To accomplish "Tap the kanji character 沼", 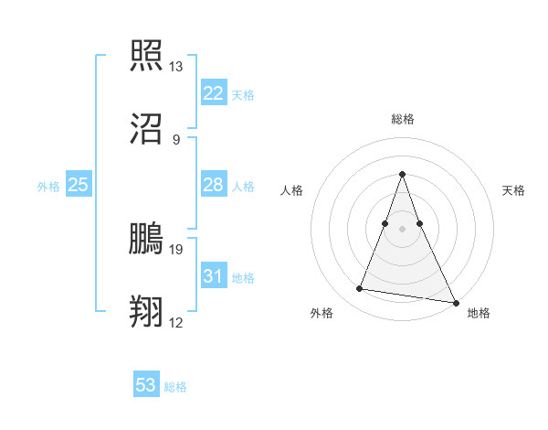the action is [146, 130].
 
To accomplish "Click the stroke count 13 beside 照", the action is [175, 67].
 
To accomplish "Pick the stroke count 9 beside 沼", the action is [175, 140].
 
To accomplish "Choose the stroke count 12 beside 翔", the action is [175, 323].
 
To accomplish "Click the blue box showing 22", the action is [213, 93].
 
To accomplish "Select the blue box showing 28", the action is [213, 186].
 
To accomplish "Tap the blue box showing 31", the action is [213, 277].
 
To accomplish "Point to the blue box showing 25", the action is [79, 186].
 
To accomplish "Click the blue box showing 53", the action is [146, 385].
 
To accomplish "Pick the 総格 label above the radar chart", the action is [403, 119].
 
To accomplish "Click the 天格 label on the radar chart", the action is [513, 190].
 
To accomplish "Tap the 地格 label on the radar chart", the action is [479, 313].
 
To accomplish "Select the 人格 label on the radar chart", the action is [292, 190].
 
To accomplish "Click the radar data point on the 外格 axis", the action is [360, 289].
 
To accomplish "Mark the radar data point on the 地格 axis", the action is [455, 300].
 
